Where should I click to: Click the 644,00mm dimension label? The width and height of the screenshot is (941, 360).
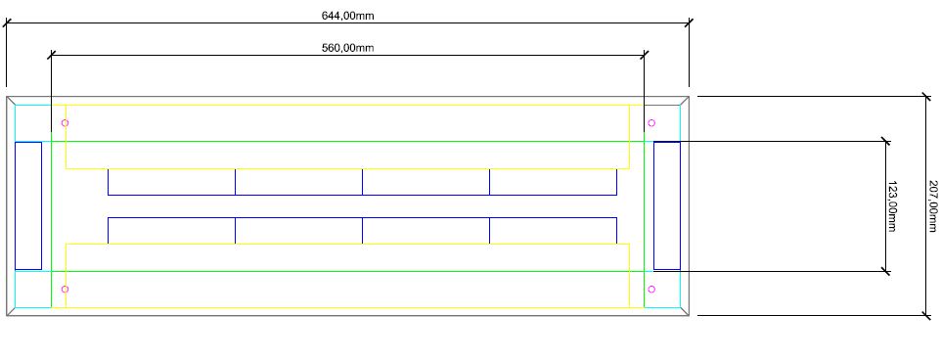tap(347, 16)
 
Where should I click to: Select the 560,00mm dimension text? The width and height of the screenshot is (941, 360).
tap(347, 48)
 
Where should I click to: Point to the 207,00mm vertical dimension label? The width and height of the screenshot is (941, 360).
tap(932, 206)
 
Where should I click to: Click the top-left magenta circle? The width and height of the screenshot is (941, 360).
tap(65, 123)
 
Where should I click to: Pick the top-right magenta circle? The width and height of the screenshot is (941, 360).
tap(651, 123)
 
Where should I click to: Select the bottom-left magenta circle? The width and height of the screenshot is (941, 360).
tap(65, 290)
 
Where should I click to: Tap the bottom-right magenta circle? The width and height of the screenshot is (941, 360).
tap(651, 290)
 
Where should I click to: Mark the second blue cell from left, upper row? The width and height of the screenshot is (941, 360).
tap(299, 195)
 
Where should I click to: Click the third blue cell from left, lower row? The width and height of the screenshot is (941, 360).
tap(426, 218)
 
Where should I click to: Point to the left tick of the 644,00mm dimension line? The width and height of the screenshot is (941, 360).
tap(7, 22)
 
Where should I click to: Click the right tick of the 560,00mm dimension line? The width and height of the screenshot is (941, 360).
tap(645, 55)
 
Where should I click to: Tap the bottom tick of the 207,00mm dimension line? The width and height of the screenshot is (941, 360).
tap(926, 316)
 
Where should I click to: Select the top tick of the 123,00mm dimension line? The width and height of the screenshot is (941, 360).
tap(886, 142)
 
